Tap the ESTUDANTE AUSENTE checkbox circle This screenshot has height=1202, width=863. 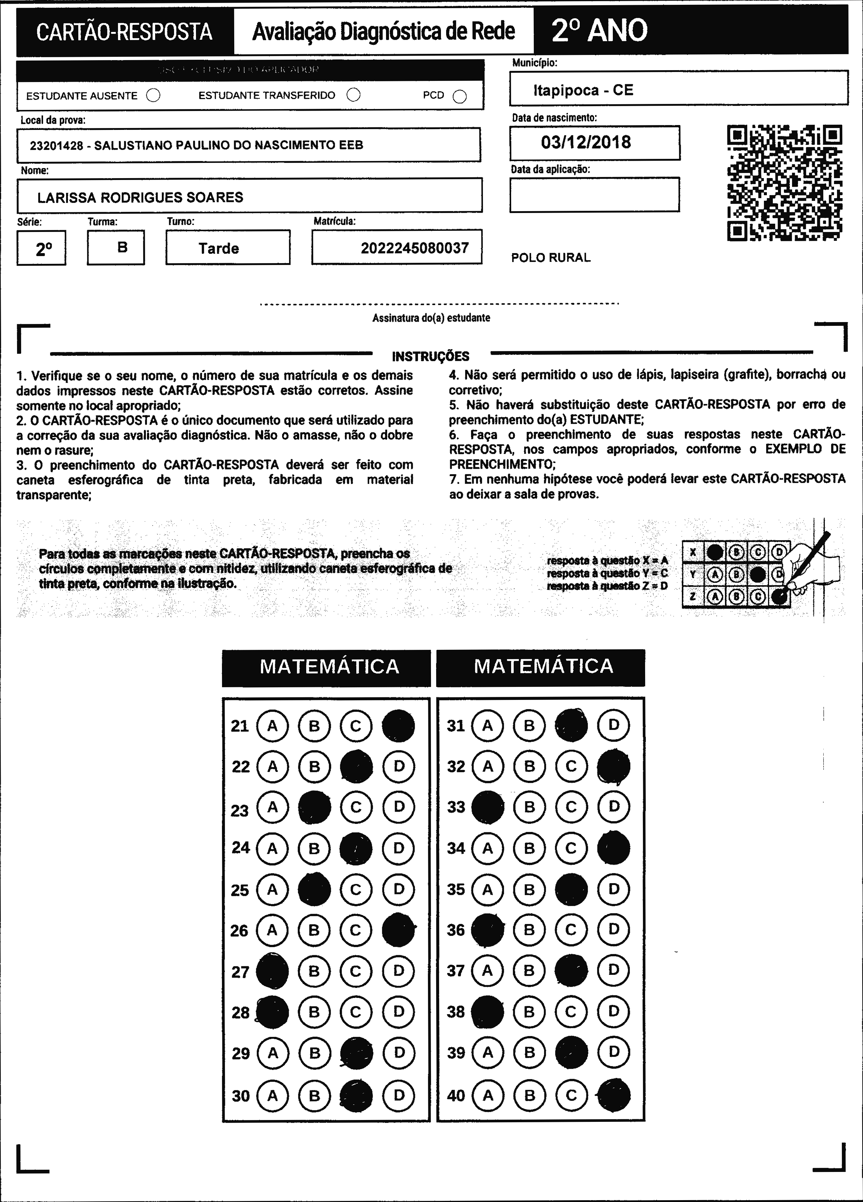coord(153,95)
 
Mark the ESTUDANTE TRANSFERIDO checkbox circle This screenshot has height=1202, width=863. coord(354,95)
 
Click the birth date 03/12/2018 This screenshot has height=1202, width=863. coord(586,143)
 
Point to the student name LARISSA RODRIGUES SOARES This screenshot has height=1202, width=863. coord(140,198)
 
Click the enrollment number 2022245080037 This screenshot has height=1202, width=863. coord(415,248)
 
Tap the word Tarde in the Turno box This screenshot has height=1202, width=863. coord(218,249)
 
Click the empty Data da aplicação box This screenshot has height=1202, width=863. coord(594,194)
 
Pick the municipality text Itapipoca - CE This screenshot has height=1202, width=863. coord(583,90)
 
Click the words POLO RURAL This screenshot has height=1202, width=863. coord(551,258)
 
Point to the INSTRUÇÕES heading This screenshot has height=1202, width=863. coord(431,357)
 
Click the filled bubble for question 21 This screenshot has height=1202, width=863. coord(398,726)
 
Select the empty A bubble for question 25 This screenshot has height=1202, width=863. coord(272,889)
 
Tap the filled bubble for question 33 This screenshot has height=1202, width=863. coord(488,807)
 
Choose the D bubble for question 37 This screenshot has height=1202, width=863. coord(613,970)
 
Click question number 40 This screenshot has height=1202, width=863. coord(456,1095)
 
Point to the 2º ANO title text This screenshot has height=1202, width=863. coord(599,31)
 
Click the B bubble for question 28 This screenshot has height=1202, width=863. coord(314,1012)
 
